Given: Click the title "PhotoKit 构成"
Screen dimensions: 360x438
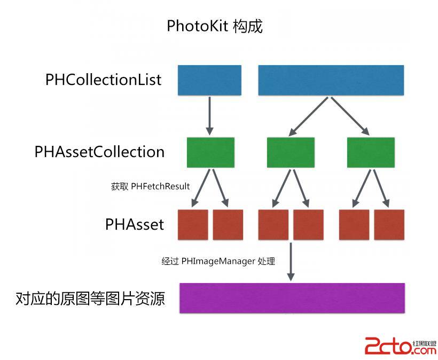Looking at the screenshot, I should [x=215, y=26].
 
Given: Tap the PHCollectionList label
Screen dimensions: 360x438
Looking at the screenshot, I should [x=104, y=80].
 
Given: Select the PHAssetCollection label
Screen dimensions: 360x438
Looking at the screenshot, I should [x=99, y=152].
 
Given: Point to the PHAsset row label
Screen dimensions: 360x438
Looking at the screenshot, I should [x=135, y=224].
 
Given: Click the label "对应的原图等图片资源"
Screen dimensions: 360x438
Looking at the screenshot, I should [x=90, y=298].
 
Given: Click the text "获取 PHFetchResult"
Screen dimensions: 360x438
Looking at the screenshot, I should [x=151, y=187].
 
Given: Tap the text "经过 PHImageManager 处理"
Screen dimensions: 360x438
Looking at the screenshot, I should [x=218, y=262].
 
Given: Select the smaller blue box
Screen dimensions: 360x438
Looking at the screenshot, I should [x=209, y=80].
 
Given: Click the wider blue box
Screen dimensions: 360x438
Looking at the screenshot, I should [x=331, y=80].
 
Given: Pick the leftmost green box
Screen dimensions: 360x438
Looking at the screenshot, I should [x=210, y=152].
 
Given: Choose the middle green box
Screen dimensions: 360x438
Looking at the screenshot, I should [x=291, y=152].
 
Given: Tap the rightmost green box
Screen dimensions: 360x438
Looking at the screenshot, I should [x=371, y=152].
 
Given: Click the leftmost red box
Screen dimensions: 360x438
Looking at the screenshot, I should [x=192, y=224].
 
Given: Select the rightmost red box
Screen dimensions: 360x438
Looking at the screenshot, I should [x=389, y=224].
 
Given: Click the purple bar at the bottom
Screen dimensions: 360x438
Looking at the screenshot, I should [x=292, y=298].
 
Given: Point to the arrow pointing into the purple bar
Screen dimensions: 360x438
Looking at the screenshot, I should [x=291, y=262].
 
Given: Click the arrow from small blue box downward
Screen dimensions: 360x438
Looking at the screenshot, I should [x=209, y=115].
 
